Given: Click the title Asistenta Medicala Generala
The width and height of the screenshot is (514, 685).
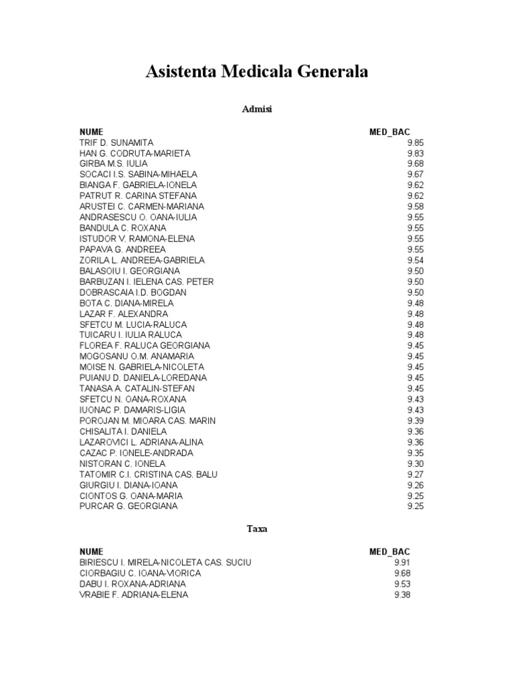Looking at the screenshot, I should [x=257, y=72].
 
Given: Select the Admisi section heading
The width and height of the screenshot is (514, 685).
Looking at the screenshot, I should [x=256, y=108].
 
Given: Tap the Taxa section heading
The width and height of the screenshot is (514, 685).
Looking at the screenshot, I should [x=256, y=528].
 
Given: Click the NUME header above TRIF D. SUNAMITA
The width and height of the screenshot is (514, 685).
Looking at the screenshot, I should [x=92, y=132].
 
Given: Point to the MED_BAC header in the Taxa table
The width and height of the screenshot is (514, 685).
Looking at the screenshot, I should [x=390, y=552].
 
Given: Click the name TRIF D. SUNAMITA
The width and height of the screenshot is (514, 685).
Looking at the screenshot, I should [x=116, y=142].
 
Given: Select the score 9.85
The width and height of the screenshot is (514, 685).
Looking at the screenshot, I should [x=415, y=142].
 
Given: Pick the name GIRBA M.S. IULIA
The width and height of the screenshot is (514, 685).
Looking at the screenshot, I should [x=114, y=164].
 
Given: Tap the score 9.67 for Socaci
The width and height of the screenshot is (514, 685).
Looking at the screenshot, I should [x=415, y=175].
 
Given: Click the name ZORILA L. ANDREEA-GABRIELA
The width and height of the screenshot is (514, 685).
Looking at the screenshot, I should [x=142, y=260].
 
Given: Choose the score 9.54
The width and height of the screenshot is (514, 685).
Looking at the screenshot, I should [x=415, y=260].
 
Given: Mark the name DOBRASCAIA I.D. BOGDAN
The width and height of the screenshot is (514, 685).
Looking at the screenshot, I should [x=133, y=292].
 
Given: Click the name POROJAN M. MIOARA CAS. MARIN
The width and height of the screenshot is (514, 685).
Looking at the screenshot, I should [x=148, y=421].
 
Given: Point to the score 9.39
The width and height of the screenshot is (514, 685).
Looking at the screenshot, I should [x=415, y=421].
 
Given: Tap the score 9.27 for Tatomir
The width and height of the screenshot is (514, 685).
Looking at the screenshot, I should [x=415, y=474].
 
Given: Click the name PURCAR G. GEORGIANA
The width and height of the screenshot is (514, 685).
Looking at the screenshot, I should [x=128, y=506].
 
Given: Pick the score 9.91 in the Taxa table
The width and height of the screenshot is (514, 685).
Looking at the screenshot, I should [x=402, y=563].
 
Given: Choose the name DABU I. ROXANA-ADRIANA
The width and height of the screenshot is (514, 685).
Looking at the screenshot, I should [x=133, y=584].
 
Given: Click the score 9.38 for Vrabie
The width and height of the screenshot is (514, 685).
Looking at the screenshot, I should [x=402, y=595].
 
